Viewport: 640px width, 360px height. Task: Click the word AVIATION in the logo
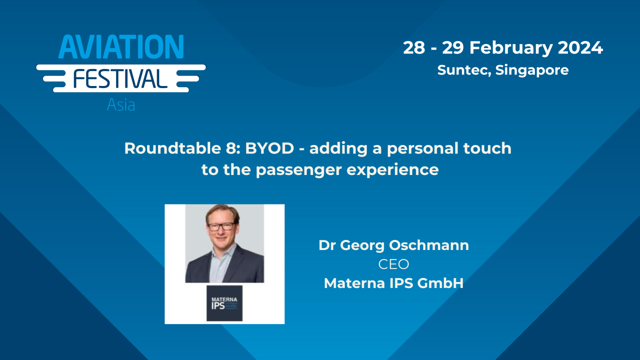click(121, 48)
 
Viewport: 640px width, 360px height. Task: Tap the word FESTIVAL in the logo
click(120, 79)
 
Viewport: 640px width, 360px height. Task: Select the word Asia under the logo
click(121, 105)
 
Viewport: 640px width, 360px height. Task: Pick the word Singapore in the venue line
click(532, 70)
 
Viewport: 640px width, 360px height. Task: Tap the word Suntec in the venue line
click(464, 70)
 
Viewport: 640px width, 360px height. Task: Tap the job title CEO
click(393, 264)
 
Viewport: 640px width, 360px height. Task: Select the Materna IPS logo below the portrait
click(224, 303)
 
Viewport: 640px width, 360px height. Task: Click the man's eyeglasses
click(220, 226)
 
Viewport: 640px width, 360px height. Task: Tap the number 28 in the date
click(414, 48)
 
